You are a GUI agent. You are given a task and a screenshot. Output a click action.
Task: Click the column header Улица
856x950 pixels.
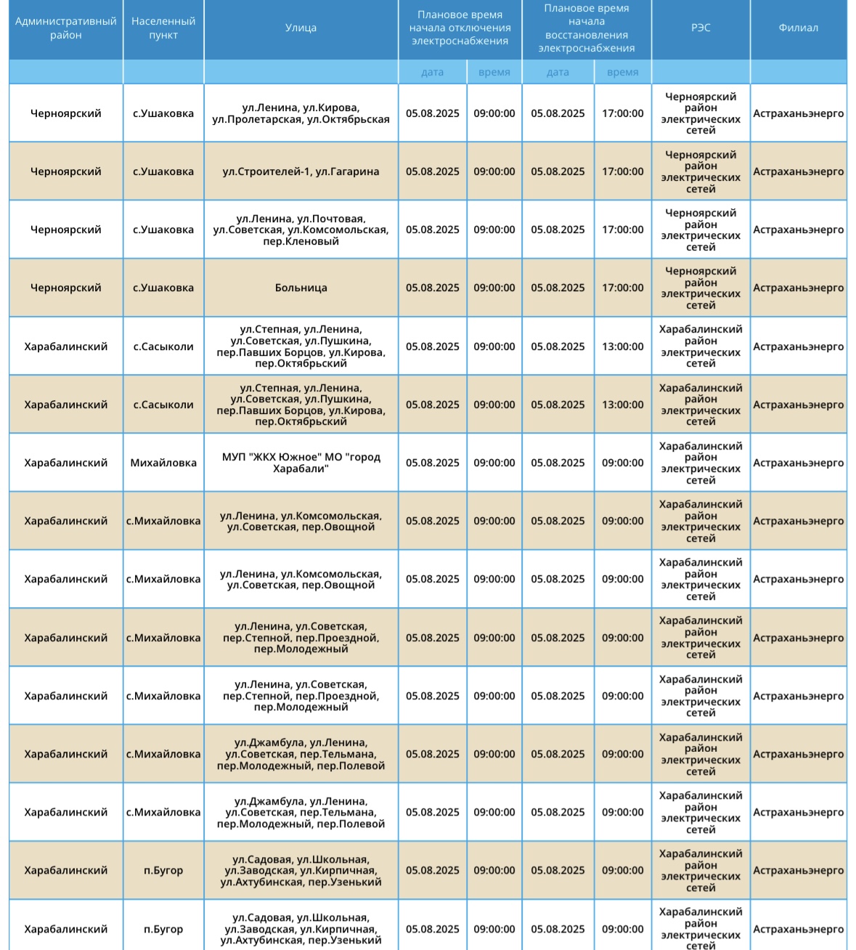click(301, 28)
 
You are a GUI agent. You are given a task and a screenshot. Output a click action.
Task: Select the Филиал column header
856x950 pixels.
click(798, 28)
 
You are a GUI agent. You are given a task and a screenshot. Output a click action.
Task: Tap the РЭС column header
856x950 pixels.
click(701, 28)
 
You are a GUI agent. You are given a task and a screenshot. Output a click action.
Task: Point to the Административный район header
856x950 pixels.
click(66, 28)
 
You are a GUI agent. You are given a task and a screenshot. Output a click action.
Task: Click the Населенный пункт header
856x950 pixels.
click(163, 28)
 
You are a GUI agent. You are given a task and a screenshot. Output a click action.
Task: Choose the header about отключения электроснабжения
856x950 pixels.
click(460, 28)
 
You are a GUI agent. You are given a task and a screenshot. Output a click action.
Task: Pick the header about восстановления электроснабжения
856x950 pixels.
click(587, 28)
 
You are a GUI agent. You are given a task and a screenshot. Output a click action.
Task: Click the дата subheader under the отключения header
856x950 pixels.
click(432, 72)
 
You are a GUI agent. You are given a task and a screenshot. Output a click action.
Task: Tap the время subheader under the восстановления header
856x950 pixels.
click(622, 72)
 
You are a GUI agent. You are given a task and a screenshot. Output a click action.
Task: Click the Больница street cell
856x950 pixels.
click(301, 288)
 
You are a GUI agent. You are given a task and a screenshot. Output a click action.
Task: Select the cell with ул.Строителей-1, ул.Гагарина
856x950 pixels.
click(301, 171)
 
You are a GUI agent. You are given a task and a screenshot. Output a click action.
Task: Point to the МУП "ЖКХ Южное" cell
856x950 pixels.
click(301, 463)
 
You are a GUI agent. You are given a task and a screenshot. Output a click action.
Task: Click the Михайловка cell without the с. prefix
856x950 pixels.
click(163, 463)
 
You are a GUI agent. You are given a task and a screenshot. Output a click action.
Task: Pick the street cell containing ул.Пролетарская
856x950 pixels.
click(301, 113)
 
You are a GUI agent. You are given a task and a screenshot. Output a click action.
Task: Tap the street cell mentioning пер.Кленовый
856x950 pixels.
click(301, 230)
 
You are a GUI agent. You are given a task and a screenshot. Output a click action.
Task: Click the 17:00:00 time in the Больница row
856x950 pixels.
click(622, 288)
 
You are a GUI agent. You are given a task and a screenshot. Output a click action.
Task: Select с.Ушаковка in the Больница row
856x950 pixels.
click(163, 288)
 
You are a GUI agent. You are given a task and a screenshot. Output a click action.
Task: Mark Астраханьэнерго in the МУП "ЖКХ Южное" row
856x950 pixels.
click(798, 463)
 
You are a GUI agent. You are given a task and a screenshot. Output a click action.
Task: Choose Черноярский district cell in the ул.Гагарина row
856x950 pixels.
click(66, 171)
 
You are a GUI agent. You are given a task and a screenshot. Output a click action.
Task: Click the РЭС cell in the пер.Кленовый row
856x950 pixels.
click(701, 230)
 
